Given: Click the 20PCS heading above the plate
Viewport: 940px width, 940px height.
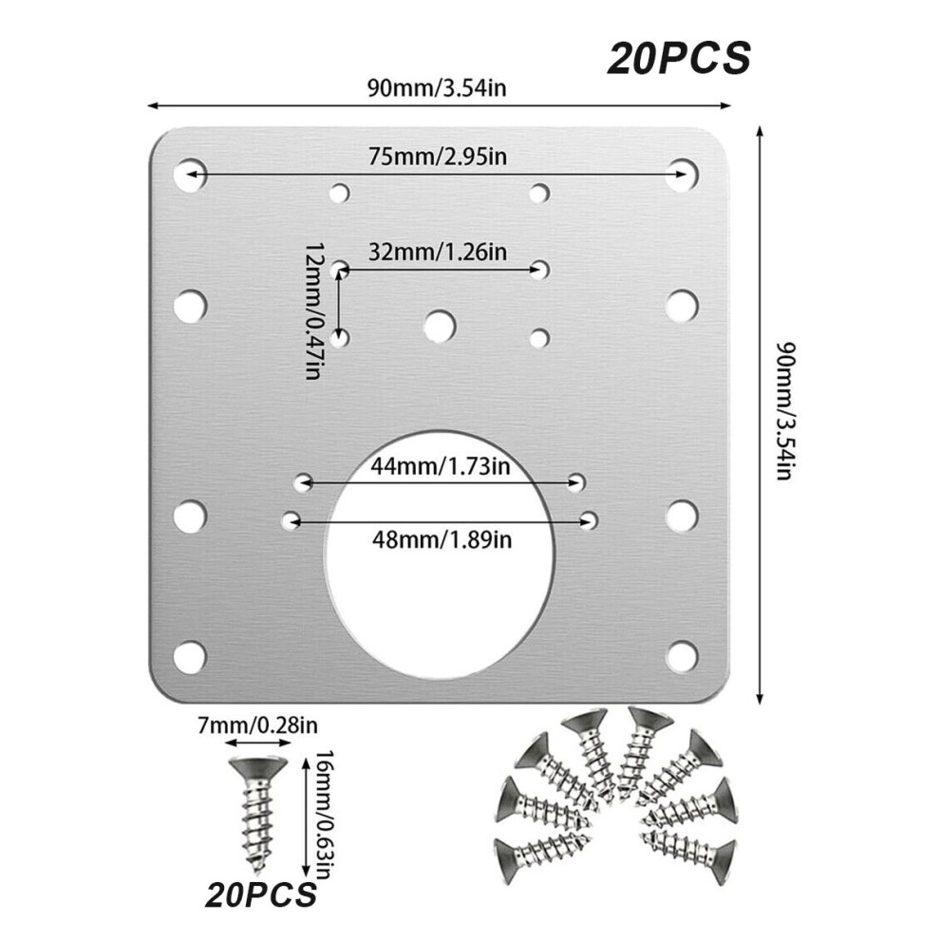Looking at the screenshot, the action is (679, 59).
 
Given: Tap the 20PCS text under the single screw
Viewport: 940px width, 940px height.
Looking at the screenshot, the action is (261, 895).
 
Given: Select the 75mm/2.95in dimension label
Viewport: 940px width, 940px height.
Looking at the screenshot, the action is (438, 157).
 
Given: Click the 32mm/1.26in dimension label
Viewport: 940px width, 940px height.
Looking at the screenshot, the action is (438, 252).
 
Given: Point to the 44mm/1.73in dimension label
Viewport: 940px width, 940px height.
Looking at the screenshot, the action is (440, 466).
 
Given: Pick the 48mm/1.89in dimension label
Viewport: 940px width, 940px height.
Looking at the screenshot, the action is (442, 540).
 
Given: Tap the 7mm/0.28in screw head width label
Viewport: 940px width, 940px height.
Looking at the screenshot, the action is (257, 726).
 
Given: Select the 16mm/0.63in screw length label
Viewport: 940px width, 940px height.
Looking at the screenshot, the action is (324, 814).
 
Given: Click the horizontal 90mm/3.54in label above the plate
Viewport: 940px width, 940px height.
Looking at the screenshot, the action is (437, 88).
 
